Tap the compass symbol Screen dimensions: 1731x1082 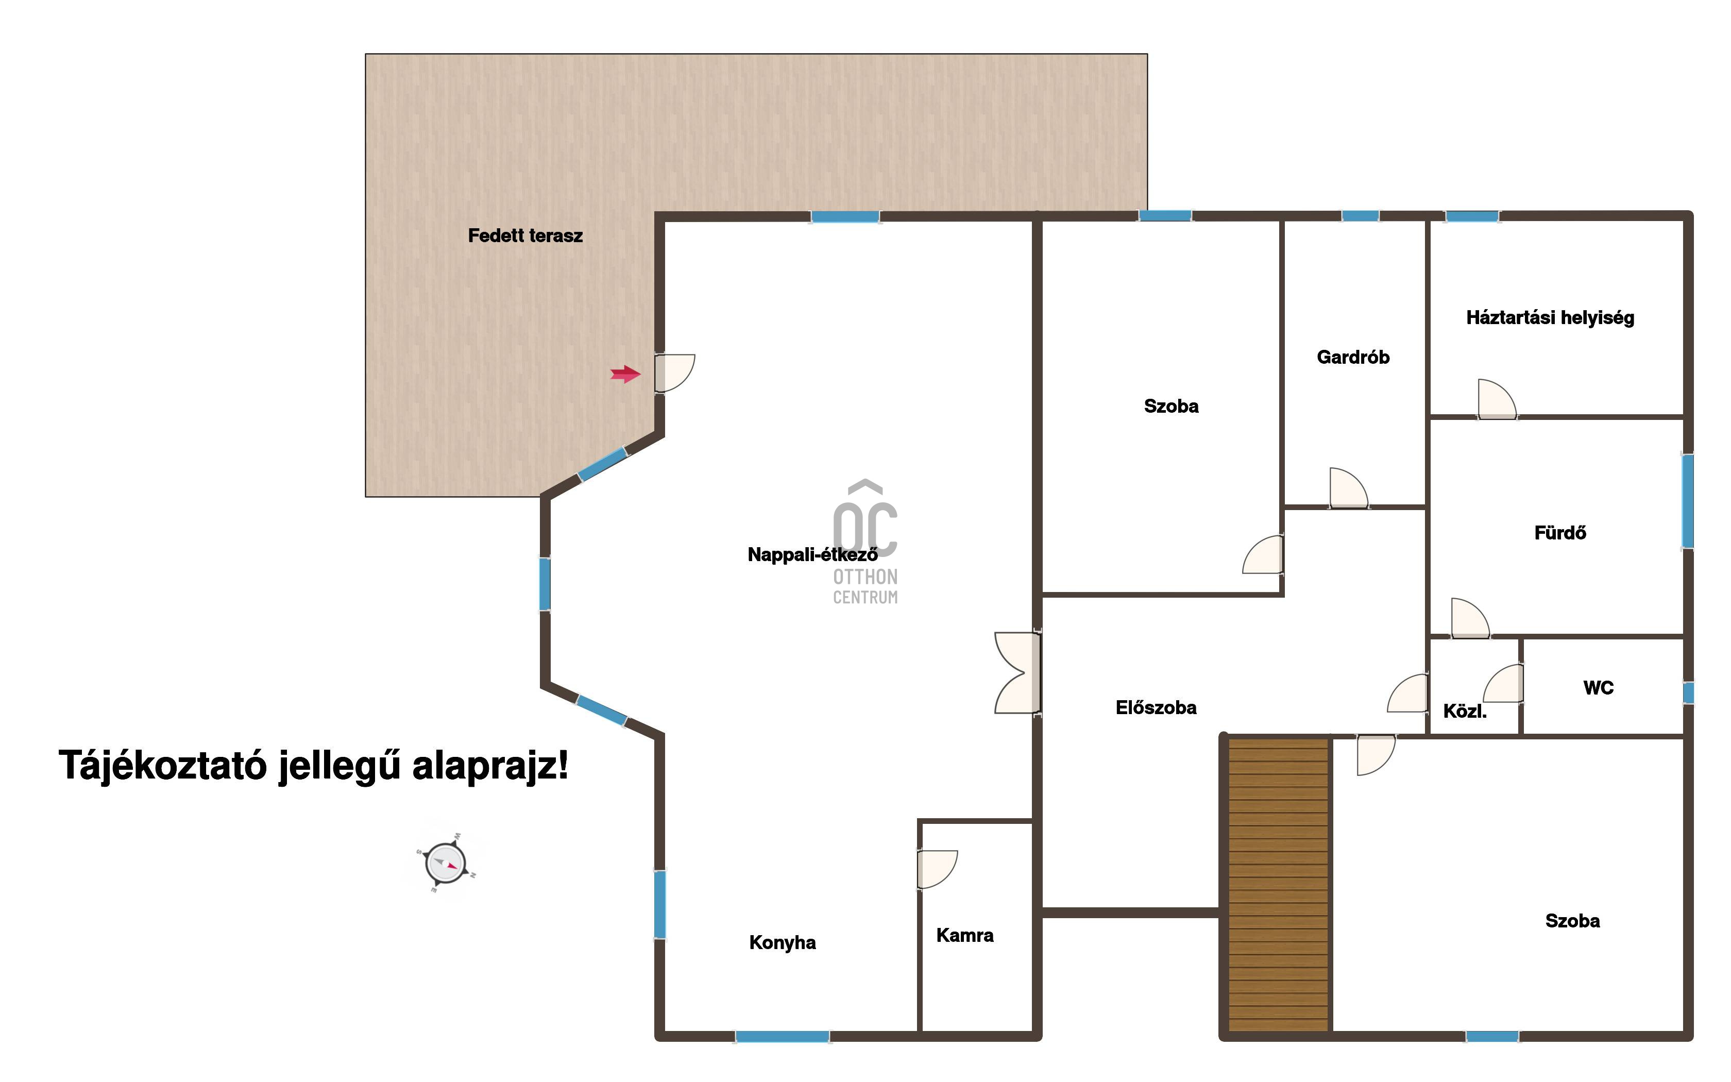[446, 863]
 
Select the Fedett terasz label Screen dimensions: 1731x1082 [525, 235]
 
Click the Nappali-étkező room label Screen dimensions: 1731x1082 [812, 554]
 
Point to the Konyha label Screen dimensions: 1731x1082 [783, 942]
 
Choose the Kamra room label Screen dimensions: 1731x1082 [965, 935]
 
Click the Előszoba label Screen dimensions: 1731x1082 [1156, 708]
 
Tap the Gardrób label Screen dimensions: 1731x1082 [1353, 357]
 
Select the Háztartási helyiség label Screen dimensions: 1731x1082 [1550, 318]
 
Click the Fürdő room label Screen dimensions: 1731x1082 [1560, 532]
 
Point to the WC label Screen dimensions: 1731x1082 [1599, 688]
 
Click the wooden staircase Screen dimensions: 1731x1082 [1278, 885]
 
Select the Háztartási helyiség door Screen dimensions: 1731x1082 [1497, 399]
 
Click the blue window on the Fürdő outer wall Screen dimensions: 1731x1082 [1687, 501]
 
